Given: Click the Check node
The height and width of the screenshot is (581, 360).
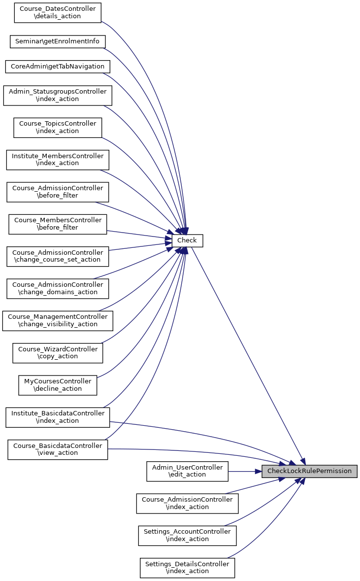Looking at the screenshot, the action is (x=187, y=240).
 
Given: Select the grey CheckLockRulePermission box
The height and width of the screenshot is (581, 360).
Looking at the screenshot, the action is (x=309, y=471).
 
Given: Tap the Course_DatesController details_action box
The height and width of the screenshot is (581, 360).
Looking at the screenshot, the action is (x=58, y=13).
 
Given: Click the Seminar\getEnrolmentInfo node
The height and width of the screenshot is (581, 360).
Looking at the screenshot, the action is (x=58, y=41).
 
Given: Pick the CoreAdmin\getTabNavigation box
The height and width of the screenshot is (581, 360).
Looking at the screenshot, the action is (x=58, y=67).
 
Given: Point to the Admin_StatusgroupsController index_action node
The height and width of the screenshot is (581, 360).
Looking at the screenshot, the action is (x=58, y=95).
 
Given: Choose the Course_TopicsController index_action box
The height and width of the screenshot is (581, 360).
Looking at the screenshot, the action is (x=58, y=128).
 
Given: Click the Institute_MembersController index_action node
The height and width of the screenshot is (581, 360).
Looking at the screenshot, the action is (x=58, y=160).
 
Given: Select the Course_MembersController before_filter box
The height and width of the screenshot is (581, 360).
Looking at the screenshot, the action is (x=58, y=224).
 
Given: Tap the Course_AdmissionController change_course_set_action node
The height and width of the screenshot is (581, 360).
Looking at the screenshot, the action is (x=58, y=256).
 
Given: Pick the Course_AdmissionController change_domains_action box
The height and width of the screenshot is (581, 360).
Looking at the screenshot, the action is (x=58, y=288).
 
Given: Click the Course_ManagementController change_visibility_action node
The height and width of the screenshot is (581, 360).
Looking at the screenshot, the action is (x=58, y=320).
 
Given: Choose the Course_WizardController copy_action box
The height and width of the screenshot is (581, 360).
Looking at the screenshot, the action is (x=58, y=353).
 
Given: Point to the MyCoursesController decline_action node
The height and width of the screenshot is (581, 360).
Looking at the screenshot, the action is (x=58, y=385).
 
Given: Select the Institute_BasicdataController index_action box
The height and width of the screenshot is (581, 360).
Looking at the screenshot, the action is (x=58, y=417).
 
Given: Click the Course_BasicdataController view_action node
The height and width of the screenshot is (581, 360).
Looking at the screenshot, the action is (x=58, y=449).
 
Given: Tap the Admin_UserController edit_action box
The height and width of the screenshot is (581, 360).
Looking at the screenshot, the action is (x=187, y=471).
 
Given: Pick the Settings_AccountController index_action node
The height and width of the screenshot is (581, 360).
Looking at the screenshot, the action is (x=187, y=536).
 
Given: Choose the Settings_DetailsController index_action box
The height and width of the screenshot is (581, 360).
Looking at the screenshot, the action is (x=187, y=568).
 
